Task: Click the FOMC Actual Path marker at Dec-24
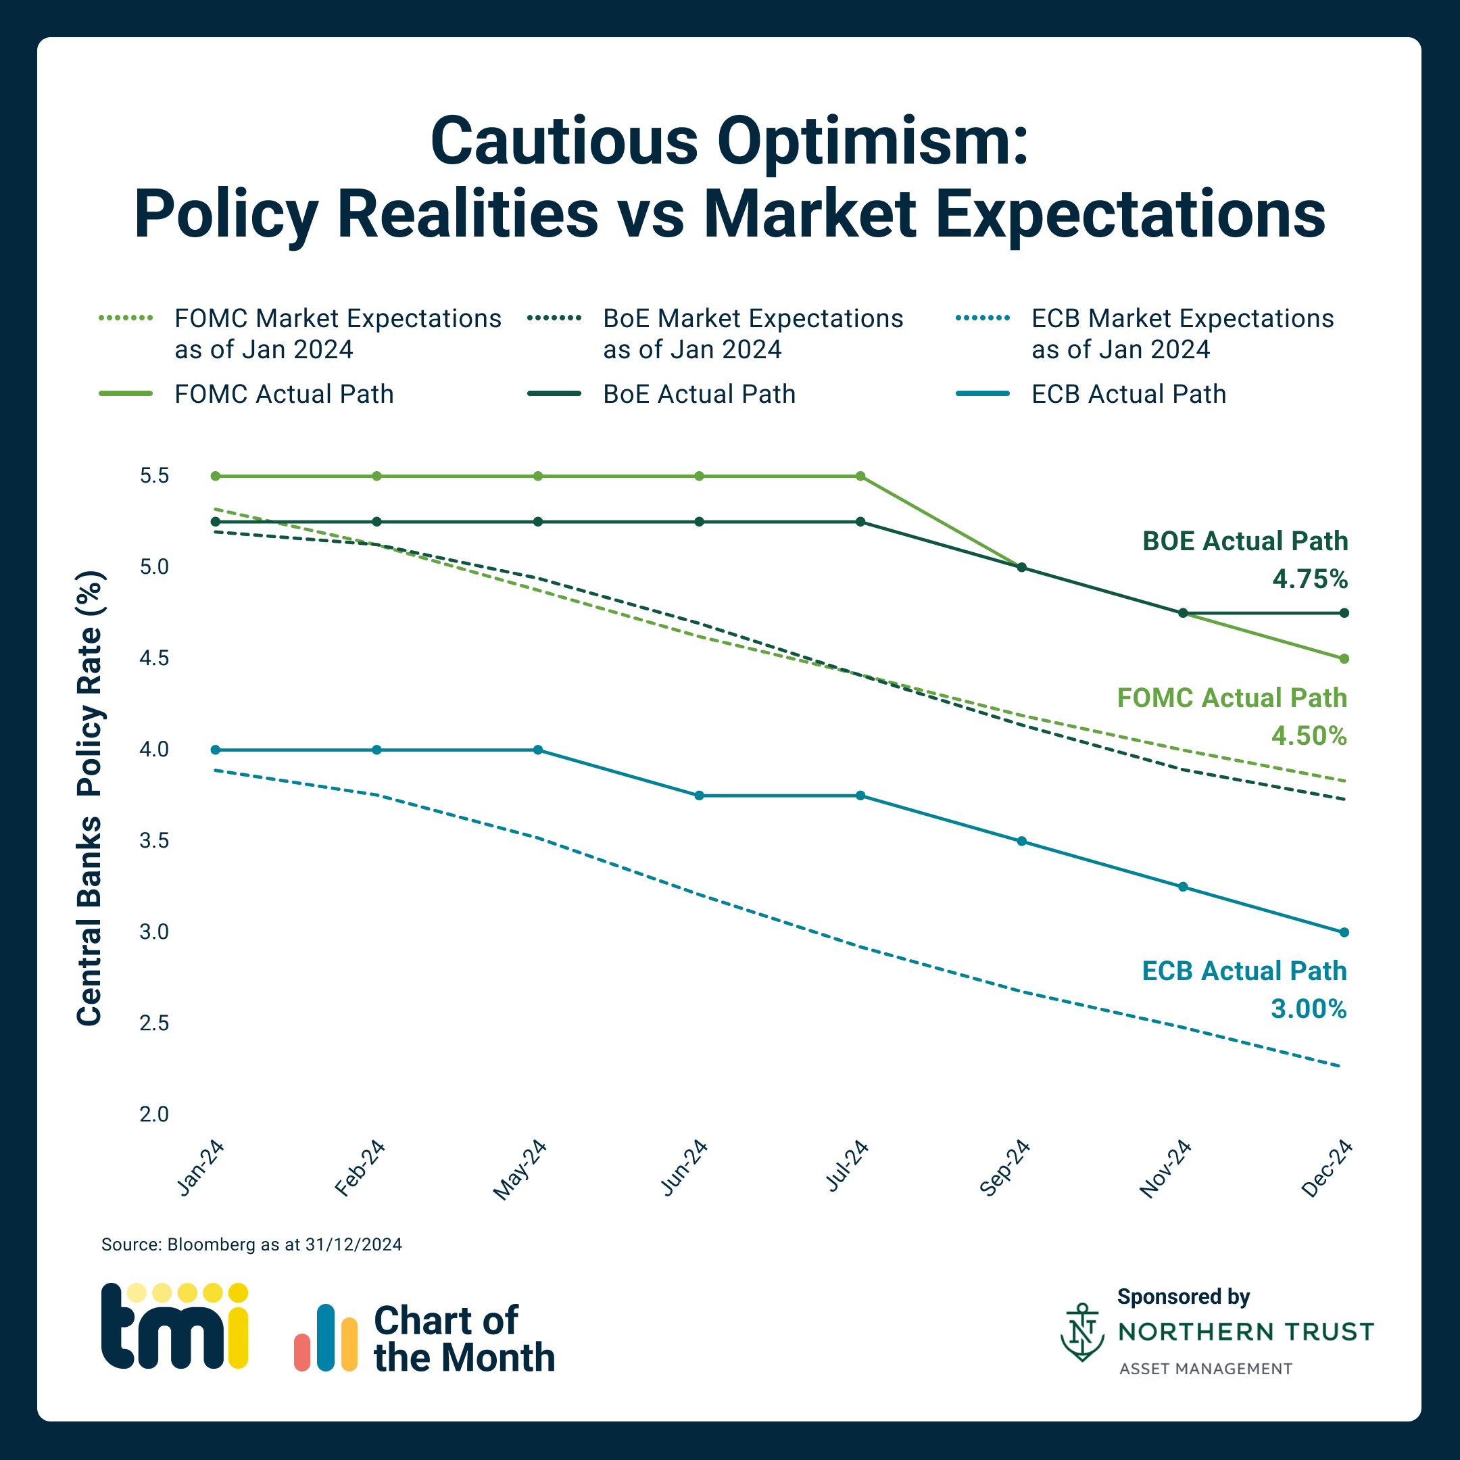tap(1344, 659)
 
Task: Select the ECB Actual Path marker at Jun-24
tap(699, 796)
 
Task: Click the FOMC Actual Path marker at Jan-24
tap(216, 476)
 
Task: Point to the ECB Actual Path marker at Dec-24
tap(1344, 933)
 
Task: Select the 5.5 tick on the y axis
tap(154, 476)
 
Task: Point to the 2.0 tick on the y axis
tap(154, 1115)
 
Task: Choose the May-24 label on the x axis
tap(520, 1170)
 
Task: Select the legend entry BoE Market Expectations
tap(753, 334)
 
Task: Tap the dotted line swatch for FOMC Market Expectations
tap(126, 318)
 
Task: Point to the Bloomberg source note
tap(251, 1244)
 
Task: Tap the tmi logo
tap(174, 1326)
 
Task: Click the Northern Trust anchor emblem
tap(1082, 1332)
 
